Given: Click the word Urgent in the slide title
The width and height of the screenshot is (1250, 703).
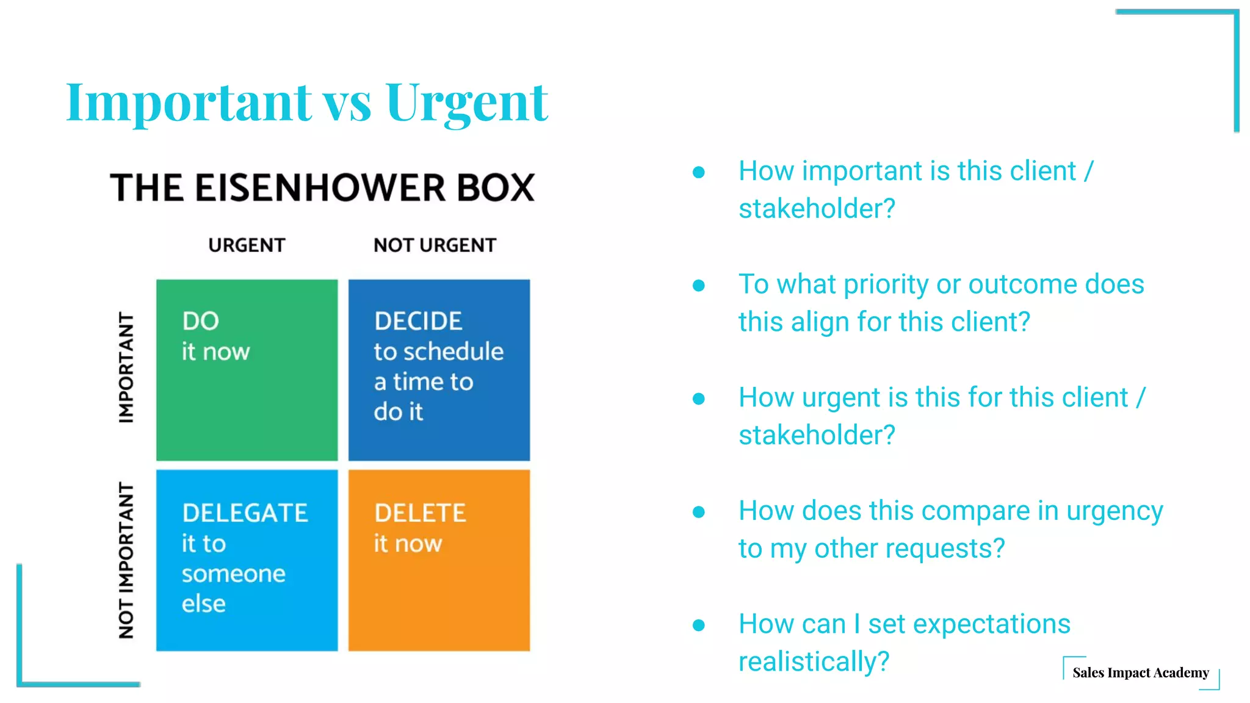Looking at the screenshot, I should pos(466,103).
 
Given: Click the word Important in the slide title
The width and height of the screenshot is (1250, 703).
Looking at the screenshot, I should pos(189,103).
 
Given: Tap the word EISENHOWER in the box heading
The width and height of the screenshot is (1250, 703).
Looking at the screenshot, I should pos(321,187).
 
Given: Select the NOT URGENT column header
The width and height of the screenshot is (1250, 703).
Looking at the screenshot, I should pos(435,245).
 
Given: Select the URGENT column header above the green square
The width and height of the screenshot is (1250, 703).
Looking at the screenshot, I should pos(247,245).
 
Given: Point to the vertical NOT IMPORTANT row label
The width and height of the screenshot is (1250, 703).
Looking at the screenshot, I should pos(126,560).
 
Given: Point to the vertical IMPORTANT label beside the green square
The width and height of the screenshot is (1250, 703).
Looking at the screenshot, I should pos(126,368).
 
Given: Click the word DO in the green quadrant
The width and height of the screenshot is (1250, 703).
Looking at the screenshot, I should pos(200,321).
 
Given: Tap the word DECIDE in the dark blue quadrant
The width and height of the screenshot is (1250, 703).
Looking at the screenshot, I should pos(418,321).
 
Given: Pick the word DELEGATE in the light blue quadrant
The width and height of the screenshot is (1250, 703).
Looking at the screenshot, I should pos(245,513).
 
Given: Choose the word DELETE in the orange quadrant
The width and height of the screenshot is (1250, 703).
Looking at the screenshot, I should pos(420,513).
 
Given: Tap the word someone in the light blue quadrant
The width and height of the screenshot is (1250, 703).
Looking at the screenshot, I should pos(233,574).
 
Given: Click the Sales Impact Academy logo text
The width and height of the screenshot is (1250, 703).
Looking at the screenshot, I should pos(1140,672).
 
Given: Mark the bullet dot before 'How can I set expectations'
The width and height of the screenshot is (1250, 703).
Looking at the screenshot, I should pos(699,625).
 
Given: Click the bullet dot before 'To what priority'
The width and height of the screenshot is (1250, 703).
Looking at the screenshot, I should pos(699,285).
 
